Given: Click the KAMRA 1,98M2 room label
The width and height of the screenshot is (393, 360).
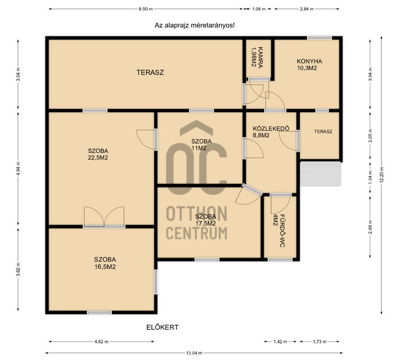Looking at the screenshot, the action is pyautogui.click(x=257, y=58).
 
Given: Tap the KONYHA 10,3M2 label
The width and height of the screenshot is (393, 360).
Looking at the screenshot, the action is pyautogui.click(x=309, y=65).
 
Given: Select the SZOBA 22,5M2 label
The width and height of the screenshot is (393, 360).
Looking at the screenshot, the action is pyautogui.click(x=98, y=154).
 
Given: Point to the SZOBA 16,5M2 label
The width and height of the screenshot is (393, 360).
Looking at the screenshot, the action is pyautogui.click(x=105, y=263).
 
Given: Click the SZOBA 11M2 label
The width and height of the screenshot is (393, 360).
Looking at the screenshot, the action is pyautogui.click(x=201, y=144).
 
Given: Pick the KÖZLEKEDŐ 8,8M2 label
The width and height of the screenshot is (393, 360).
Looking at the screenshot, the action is pyautogui.click(x=271, y=131).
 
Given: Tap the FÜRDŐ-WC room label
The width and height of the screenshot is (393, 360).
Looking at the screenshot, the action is pyautogui.click(x=279, y=231).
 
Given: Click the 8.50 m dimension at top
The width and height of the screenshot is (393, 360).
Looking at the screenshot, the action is pyautogui.click(x=146, y=9).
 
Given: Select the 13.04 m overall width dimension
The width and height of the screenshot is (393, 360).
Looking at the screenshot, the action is pyautogui.click(x=194, y=353).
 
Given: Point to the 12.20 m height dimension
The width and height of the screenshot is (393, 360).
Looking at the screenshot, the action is pyautogui.click(x=381, y=175).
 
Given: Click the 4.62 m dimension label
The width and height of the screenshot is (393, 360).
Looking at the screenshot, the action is pyautogui.click(x=101, y=341).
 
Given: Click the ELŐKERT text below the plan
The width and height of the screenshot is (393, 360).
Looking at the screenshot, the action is pyautogui.click(x=162, y=327).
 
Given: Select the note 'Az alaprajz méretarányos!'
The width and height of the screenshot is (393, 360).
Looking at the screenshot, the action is pyautogui.click(x=194, y=25).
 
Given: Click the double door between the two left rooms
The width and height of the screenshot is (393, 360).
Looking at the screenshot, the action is pyautogui.click(x=104, y=217).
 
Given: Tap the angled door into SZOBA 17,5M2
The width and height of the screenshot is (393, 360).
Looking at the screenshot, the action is pyautogui.click(x=248, y=195).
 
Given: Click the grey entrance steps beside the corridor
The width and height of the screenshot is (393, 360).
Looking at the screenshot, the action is pyautogui.click(x=320, y=174).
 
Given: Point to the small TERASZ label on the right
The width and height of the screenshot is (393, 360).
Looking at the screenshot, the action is pyautogui.click(x=323, y=131).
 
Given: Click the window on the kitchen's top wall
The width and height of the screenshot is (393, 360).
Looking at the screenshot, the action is pyautogui.click(x=320, y=38).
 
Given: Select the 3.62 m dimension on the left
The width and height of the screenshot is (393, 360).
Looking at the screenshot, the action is pyautogui.click(x=18, y=269).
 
